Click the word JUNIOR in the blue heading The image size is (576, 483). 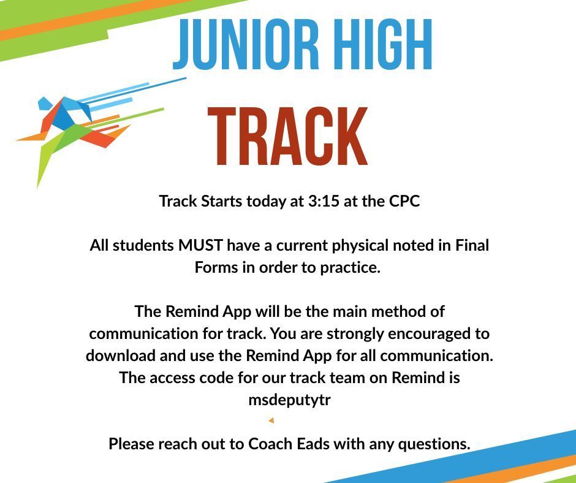point(246,43)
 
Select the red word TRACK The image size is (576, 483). point(288,136)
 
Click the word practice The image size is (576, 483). point(350,268)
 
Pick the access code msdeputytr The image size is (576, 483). point(289,400)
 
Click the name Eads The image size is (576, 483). point(313,444)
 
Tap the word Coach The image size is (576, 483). point(270,444)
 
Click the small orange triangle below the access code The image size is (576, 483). point(271,420)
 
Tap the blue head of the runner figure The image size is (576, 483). point(45,102)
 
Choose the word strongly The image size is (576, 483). point(355,334)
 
